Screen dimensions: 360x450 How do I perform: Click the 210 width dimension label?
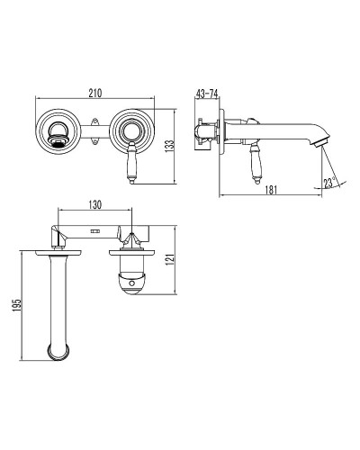95,93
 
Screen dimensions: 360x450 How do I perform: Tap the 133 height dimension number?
169,146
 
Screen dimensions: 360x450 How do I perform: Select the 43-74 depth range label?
207,94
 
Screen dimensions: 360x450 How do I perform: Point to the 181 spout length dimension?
271,190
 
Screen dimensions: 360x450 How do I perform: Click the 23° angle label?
329,183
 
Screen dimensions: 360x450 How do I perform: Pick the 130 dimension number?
95,204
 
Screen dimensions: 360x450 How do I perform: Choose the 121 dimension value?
170,260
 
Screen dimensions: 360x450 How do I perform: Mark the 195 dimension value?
17,305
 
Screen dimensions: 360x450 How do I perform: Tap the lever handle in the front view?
132,163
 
